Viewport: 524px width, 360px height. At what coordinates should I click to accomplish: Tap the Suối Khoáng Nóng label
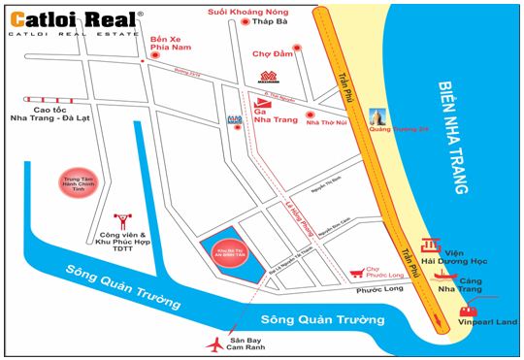(246, 12)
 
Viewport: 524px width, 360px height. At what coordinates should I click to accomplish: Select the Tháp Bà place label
(273, 26)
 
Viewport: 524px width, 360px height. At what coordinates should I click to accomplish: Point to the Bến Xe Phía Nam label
(171, 47)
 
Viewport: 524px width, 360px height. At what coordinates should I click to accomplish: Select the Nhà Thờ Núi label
(327, 123)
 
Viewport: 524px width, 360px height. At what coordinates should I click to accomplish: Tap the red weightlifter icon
(122, 221)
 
